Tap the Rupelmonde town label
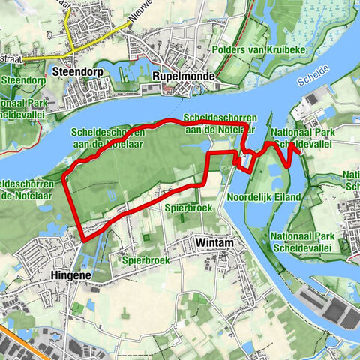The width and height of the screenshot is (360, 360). (183, 76)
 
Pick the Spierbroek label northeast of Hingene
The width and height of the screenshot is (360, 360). (145, 259)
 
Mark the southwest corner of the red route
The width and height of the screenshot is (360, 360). (82, 240)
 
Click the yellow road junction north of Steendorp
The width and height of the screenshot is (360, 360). (70, 42)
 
